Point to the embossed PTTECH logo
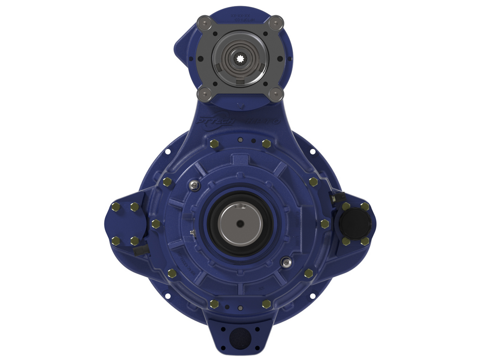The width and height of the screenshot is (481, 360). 215,121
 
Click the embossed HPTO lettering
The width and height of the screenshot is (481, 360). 262,121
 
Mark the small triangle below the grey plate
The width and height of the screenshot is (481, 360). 240,106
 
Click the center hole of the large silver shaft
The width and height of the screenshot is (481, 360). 240,223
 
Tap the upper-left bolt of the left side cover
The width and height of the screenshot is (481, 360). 115,207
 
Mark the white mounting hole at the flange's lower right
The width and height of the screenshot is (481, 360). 313,296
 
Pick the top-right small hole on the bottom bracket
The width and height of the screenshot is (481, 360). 257,329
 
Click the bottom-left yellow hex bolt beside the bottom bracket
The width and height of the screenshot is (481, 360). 214,304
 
